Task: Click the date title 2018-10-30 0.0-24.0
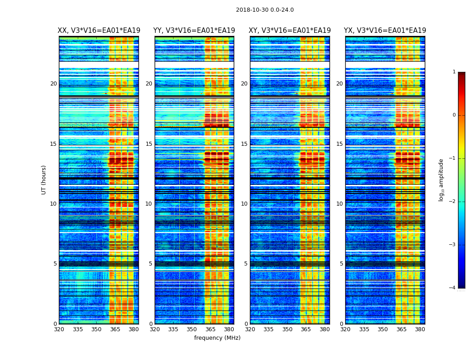pyautogui.click(x=265, y=10)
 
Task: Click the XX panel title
pyautogui.click(x=99, y=31)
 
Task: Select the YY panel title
pyautogui.click(x=194, y=31)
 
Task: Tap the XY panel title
pyautogui.click(x=290, y=31)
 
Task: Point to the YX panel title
pyautogui.click(x=385, y=31)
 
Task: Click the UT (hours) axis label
pyautogui.click(x=44, y=180)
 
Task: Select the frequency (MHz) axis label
pyautogui.click(x=217, y=338)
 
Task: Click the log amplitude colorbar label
pyautogui.click(x=441, y=180)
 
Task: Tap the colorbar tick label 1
pyautogui.click(x=454, y=72)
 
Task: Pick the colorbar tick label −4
pyautogui.click(x=453, y=288)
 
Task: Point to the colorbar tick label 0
pyautogui.click(x=454, y=115)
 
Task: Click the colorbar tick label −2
pyautogui.click(x=453, y=202)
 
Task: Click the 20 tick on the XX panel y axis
pyautogui.click(x=53, y=84)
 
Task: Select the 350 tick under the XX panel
pyautogui.click(x=96, y=329)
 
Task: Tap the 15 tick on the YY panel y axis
pyautogui.click(x=149, y=144)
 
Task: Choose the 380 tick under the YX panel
pyautogui.click(x=420, y=329)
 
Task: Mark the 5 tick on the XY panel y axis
pyautogui.click(x=246, y=264)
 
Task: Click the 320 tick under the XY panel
pyautogui.click(x=250, y=329)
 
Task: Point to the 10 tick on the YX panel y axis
pyautogui.click(x=339, y=204)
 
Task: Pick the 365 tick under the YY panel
pyautogui.click(x=210, y=329)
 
